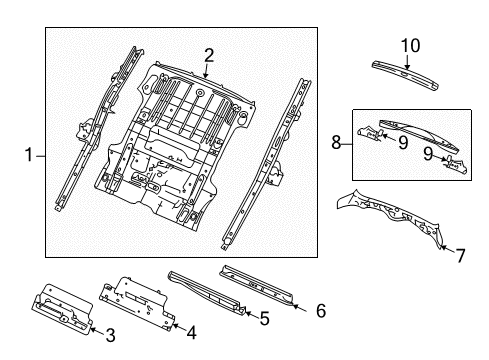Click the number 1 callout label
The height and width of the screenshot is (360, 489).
click(x=28, y=154)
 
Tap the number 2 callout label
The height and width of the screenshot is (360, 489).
click(x=209, y=55)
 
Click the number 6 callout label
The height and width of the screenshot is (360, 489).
click(x=320, y=311)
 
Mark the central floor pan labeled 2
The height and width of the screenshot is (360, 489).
click(x=190, y=140)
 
